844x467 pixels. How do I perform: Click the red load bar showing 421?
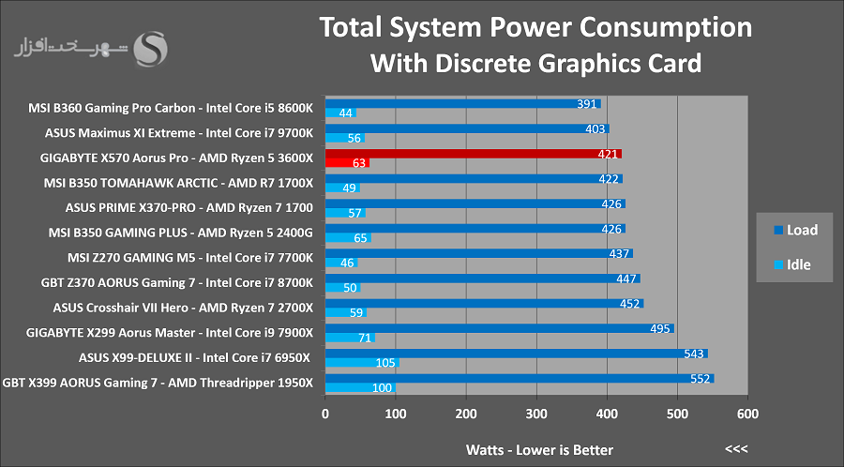tap(474, 154)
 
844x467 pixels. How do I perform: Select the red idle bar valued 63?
tap(347, 163)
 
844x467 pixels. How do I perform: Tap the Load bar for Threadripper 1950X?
tap(520, 379)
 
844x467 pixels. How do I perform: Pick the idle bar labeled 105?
tap(362, 363)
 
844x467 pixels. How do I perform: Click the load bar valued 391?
tap(463, 104)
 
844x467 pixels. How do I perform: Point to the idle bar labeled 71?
tap(350, 338)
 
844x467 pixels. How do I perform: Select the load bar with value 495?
tap(500, 328)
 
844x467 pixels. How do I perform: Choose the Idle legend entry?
tap(792, 264)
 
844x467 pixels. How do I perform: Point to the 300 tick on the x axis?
tap(536, 414)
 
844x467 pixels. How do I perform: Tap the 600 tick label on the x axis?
tap(747, 414)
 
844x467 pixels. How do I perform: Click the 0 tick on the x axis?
tap(325, 414)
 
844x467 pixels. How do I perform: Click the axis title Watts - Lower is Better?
tap(539, 450)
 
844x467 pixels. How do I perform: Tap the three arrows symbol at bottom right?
tap(736, 448)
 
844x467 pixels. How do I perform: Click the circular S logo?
tap(150, 50)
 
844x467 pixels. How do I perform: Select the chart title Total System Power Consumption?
tap(535, 27)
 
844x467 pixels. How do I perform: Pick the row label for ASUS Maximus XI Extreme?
tap(179, 133)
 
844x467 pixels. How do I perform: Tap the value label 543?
tap(694, 354)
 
